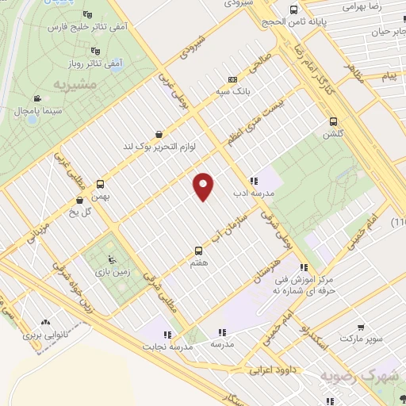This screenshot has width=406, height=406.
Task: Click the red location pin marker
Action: (x=204, y=186)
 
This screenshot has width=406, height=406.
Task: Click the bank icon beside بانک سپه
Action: (x=232, y=79)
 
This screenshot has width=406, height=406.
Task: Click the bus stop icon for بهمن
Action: (x=101, y=182)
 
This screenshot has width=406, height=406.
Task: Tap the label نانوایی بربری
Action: (x=44, y=335)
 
